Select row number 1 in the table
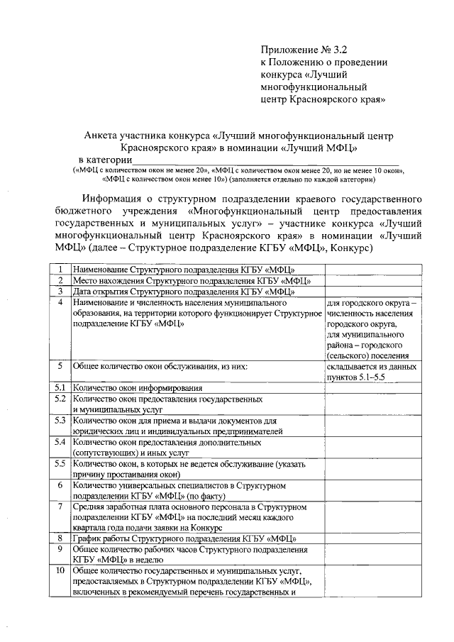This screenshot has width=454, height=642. pyautogui.click(x=61, y=270)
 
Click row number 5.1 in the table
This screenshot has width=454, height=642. pyautogui.click(x=61, y=387)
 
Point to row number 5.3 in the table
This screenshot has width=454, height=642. pyautogui.click(x=61, y=421)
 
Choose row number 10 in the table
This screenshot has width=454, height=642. pyautogui.click(x=61, y=570)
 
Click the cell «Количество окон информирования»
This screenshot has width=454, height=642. pyautogui.click(x=138, y=388)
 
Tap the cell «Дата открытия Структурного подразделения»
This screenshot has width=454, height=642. pyautogui.click(x=184, y=291)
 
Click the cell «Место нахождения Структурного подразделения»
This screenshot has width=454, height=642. pyautogui.click(x=192, y=281)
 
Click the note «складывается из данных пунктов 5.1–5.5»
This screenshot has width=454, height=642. pyautogui.click(x=367, y=372)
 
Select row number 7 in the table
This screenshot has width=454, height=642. pyautogui.click(x=61, y=507)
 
